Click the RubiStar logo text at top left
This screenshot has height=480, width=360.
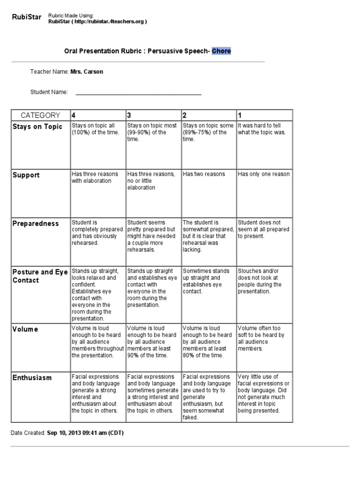coord(26,18)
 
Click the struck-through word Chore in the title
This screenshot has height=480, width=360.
coord(221,51)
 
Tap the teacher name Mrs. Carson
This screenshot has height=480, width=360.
coord(87,72)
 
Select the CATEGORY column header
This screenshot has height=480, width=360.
coord(40,115)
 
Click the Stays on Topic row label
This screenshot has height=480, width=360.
coord(37,127)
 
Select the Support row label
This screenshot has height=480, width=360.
coord(26,175)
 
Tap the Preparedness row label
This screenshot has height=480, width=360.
coord(36,224)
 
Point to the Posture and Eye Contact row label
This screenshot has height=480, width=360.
coord(40,276)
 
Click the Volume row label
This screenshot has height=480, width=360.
coord(26,329)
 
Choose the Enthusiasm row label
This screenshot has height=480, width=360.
coord(32,378)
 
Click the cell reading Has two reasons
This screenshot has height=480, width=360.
coord(204,174)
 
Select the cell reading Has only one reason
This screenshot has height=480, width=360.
coord(263,174)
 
